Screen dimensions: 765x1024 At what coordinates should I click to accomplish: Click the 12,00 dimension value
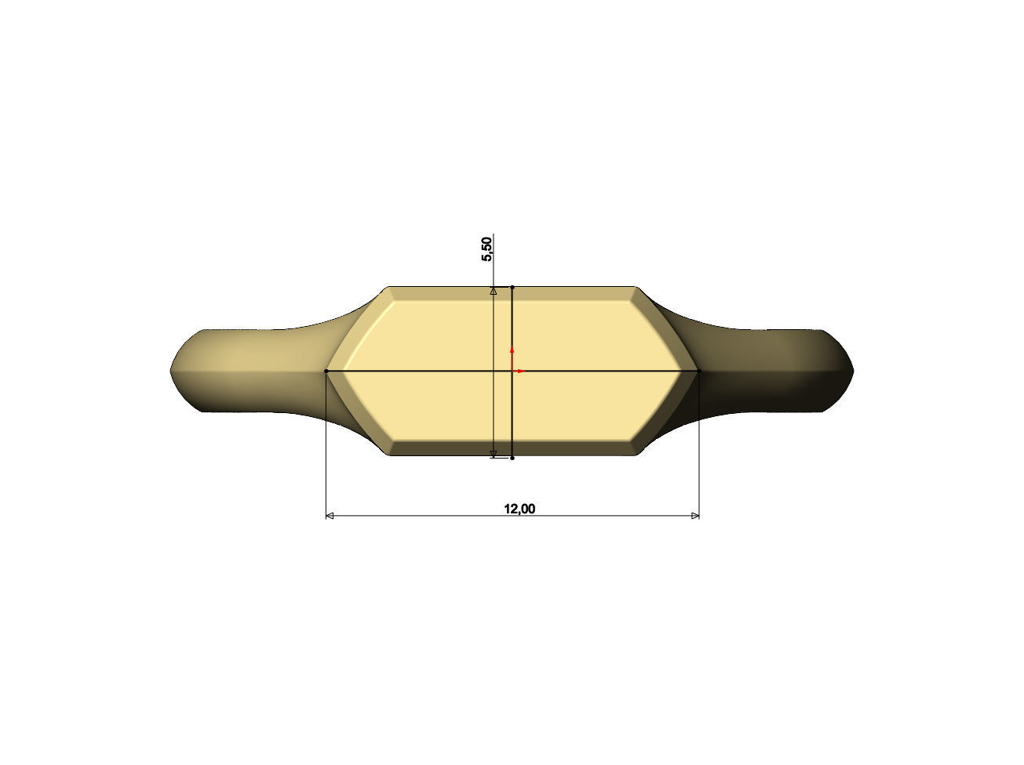pyautogui.click(x=519, y=509)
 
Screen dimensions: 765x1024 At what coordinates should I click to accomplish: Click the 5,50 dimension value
pyautogui.click(x=486, y=248)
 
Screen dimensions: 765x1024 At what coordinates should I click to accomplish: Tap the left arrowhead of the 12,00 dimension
pyautogui.click(x=330, y=516)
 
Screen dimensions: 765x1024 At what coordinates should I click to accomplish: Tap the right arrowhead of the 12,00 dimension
pyautogui.click(x=695, y=516)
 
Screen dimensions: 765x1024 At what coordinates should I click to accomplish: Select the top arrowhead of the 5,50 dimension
pyautogui.click(x=494, y=291)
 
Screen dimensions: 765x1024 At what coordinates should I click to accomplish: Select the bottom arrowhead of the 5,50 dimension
pyautogui.click(x=494, y=454)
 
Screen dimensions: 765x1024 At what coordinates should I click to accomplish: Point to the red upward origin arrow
pyautogui.click(x=512, y=350)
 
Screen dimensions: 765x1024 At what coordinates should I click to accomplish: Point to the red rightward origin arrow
pyautogui.click(x=521, y=371)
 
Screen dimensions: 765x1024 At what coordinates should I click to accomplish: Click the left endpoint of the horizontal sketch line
pyautogui.click(x=326, y=371)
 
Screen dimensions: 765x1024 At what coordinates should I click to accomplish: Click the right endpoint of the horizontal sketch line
pyautogui.click(x=698, y=371)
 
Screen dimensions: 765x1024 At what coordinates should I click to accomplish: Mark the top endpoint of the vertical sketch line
pyautogui.click(x=512, y=288)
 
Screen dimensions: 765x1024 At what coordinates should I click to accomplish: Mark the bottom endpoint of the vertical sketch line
pyautogui.click(x=512, y=458)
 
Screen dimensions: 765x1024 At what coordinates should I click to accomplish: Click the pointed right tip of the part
pyautogui.click(x=853, y=370)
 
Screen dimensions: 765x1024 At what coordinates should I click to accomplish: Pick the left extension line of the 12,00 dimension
pyautogui.click(x=326, y=447)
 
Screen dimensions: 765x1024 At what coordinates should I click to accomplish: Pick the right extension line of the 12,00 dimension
pyautogui.click(x=699, y=447)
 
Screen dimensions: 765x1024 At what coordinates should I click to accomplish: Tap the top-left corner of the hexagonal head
pyautogui.click(x=390, y=288)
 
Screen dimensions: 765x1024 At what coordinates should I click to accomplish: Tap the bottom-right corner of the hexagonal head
pyautogui.click(x=635, y=454)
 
